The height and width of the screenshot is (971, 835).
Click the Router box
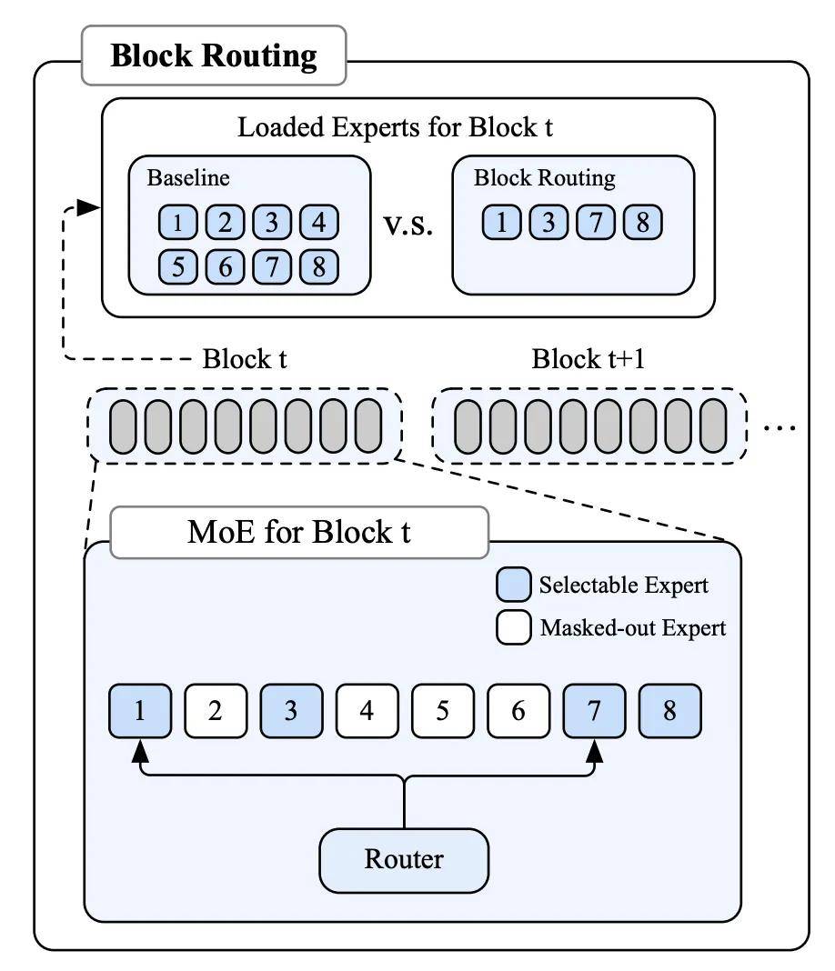click(404, 860)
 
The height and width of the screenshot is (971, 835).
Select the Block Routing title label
click(214, 55)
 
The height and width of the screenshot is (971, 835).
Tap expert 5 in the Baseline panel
click(177, 267)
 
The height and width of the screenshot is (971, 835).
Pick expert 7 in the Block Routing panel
click(595, 222)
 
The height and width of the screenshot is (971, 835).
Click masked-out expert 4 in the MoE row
click(367, 711)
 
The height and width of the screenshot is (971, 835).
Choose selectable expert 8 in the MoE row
click(669, 711)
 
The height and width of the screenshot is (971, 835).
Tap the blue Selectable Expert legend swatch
click(514, 584)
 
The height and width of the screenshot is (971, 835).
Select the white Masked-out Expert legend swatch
click(514, 627)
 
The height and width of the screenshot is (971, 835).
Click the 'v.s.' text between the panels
click(408, 225)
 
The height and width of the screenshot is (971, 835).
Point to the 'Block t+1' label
click(588, 358)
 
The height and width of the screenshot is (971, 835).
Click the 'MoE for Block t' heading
click(299, 532)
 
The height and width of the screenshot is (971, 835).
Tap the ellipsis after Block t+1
click(780, 426)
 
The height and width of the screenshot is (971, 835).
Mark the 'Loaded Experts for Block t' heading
click(395, 127)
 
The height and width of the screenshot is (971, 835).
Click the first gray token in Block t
click(123, 426)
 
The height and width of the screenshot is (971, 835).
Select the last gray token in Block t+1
click(713, 426)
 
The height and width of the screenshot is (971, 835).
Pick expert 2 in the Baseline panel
click(225, 222)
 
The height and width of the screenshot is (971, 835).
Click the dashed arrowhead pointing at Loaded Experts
click(88, 207)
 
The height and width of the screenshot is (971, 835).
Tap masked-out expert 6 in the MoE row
click(518, 711)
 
